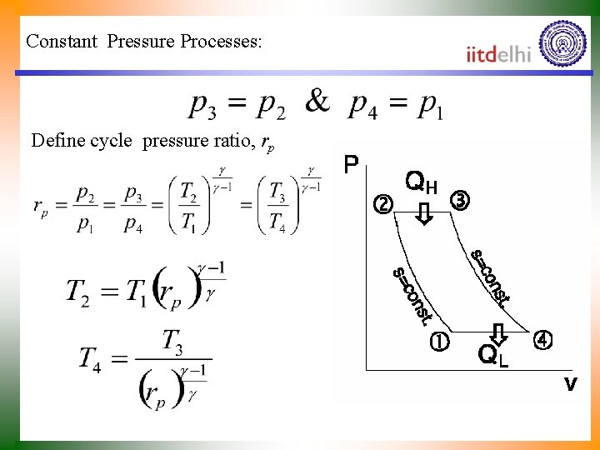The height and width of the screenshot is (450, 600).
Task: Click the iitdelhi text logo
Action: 498,54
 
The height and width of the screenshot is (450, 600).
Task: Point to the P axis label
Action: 352,165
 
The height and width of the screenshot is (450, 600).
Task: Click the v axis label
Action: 571,384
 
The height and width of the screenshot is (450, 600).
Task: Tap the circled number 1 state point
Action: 438,341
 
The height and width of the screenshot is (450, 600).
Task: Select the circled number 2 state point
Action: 382,203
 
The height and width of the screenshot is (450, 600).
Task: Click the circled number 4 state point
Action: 542,341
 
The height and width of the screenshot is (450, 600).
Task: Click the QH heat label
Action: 421,182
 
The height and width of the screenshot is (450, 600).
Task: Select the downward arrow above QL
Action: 498,333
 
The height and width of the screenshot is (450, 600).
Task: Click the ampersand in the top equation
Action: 317,102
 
